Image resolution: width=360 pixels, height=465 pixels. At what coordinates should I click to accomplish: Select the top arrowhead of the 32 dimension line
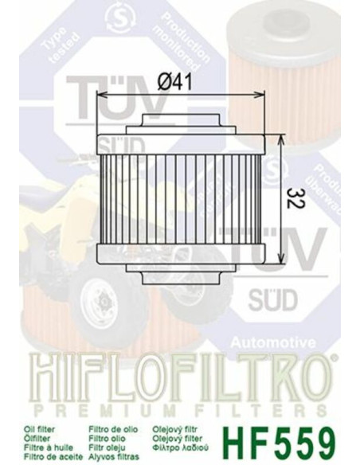coord(280,138)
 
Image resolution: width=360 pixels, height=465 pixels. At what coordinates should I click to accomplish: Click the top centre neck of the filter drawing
coord(179,123)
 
